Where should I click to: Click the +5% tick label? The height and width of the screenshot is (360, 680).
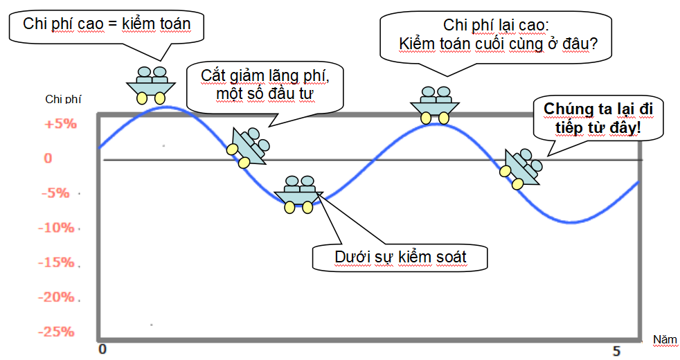pyautogui.click(x=60, y=125)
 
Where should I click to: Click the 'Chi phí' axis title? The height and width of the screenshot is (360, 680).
pyautogui.click(x=63, y=99)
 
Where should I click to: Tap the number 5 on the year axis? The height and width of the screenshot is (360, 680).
pyautogui.click(x=616, y=351)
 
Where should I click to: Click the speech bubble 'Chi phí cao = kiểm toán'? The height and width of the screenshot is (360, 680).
pyautogui.click(x=106, y=24)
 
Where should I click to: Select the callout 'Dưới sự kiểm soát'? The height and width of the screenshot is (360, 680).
pyautogui.click(x=400, y=258)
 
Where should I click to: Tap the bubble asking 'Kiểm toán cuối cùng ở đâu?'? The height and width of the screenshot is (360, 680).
pyautogui.click(x=499, y=36)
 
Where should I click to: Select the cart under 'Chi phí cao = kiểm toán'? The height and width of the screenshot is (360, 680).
pyautogui.click(x=151, y=84)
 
